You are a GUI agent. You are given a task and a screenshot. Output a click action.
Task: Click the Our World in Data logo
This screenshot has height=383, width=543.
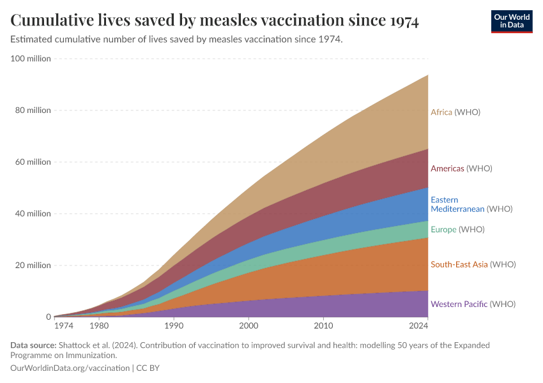511,21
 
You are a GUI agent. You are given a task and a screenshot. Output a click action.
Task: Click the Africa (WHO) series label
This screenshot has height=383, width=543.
455,112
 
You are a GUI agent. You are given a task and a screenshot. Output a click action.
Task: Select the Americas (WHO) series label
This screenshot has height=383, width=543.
461,169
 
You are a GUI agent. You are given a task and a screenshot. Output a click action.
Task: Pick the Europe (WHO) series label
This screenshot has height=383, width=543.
457,230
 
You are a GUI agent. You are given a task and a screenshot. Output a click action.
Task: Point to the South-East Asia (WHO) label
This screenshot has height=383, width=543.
473,264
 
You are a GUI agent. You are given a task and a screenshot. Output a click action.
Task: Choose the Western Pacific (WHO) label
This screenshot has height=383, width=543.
473,304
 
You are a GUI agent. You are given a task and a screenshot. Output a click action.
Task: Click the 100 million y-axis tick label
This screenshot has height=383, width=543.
31,59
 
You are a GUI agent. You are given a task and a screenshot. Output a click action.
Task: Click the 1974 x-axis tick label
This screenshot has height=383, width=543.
63,326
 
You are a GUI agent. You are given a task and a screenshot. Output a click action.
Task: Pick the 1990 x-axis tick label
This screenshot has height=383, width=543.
174,326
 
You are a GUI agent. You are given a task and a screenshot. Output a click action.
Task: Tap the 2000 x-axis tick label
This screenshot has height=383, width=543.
249,326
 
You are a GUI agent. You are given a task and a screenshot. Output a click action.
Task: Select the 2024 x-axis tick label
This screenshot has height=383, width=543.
418,326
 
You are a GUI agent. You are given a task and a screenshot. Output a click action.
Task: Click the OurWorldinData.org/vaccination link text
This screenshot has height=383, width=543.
70,368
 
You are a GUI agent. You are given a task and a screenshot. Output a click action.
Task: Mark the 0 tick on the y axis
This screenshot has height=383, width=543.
48,317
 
